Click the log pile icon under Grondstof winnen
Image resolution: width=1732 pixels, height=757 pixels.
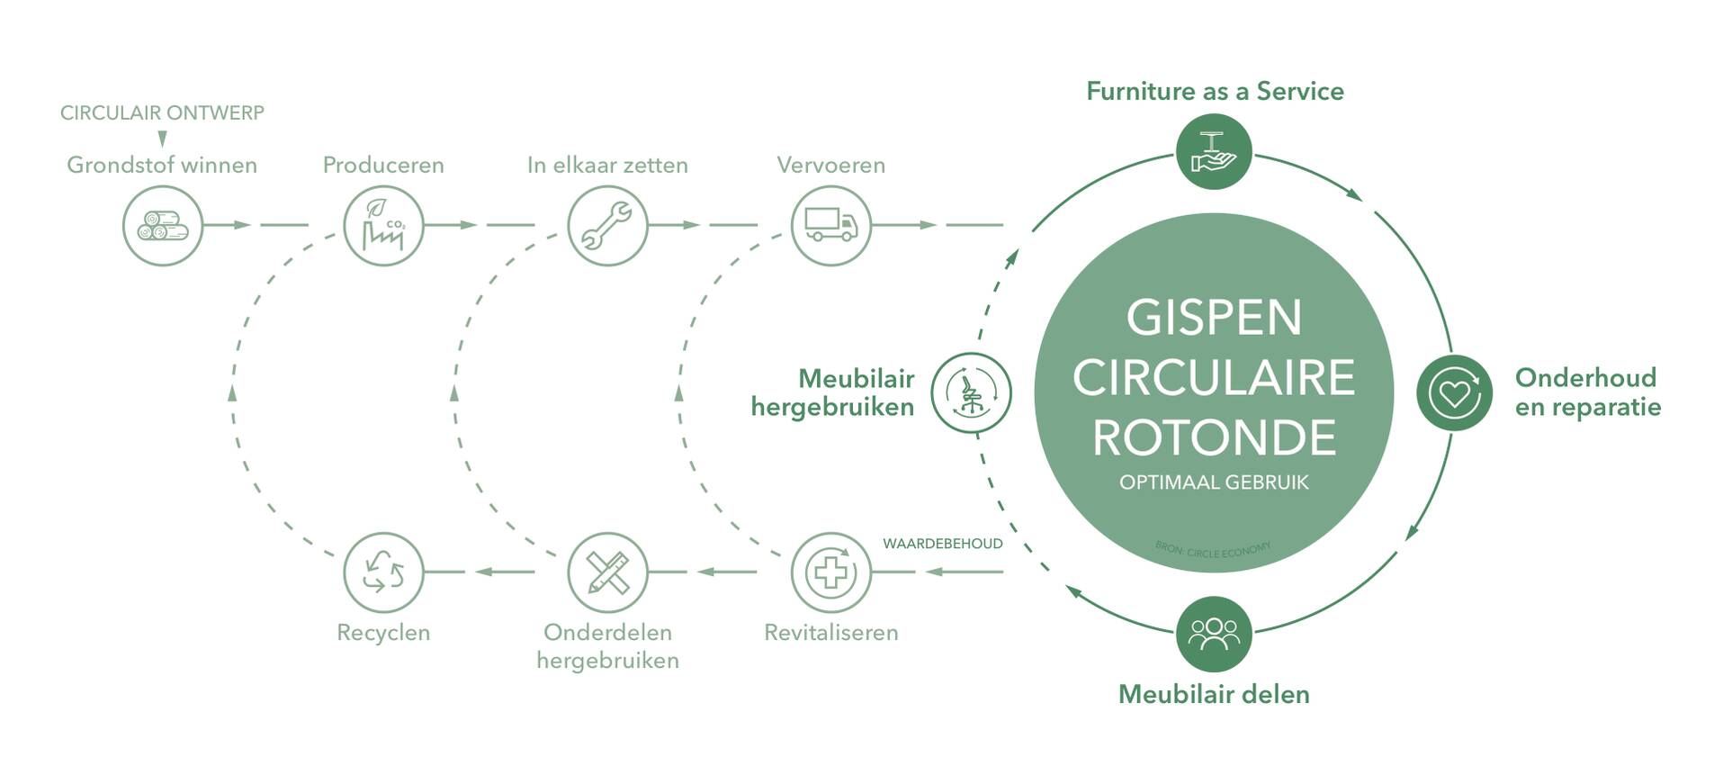[x=162, y=226]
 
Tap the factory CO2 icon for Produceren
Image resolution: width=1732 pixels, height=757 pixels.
[x=383, y=226]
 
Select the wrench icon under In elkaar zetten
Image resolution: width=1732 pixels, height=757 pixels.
[x=607, y=226]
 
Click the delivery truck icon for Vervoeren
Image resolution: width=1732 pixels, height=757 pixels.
[x=830, y=226]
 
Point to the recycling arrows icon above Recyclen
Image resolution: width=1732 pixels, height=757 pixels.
[x=383, y=572]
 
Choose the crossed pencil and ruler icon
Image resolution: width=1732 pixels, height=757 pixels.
[x=607, y=572]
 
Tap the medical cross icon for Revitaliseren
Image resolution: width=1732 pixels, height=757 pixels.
[x=830, y=572]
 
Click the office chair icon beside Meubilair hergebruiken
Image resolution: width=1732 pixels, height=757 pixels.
[x=971, y=393]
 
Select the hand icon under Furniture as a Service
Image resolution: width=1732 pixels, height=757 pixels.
[x=1214, y=152]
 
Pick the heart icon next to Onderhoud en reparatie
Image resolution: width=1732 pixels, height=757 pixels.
[x=1454, y=393]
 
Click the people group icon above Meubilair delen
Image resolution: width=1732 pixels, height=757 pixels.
[x=1214, y=634]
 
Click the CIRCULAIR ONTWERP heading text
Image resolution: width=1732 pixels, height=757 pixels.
[x=162, y=113]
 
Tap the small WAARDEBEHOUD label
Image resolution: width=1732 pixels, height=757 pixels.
[x=942, y=544]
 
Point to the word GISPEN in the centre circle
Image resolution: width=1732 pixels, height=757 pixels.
[x=1214, y=318]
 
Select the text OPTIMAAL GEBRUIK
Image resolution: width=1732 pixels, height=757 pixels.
[x=1214, y=482]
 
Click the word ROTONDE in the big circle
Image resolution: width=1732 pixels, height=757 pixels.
[x=1214, y=437]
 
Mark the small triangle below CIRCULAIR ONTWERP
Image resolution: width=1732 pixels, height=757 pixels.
[x=163, y=139]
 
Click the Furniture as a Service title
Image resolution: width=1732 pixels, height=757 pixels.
[x=1214, y=91]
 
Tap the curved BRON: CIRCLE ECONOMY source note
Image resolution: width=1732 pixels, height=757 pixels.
[x=1213, y=549]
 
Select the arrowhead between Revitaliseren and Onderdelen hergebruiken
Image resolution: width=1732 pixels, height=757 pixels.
[x=707, y=572]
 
